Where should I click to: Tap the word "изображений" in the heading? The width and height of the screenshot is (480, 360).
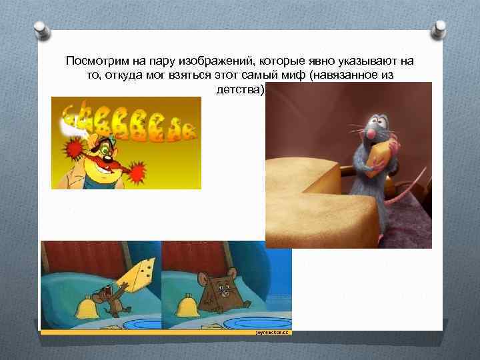193,61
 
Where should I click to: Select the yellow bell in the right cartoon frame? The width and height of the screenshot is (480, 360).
186,307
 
